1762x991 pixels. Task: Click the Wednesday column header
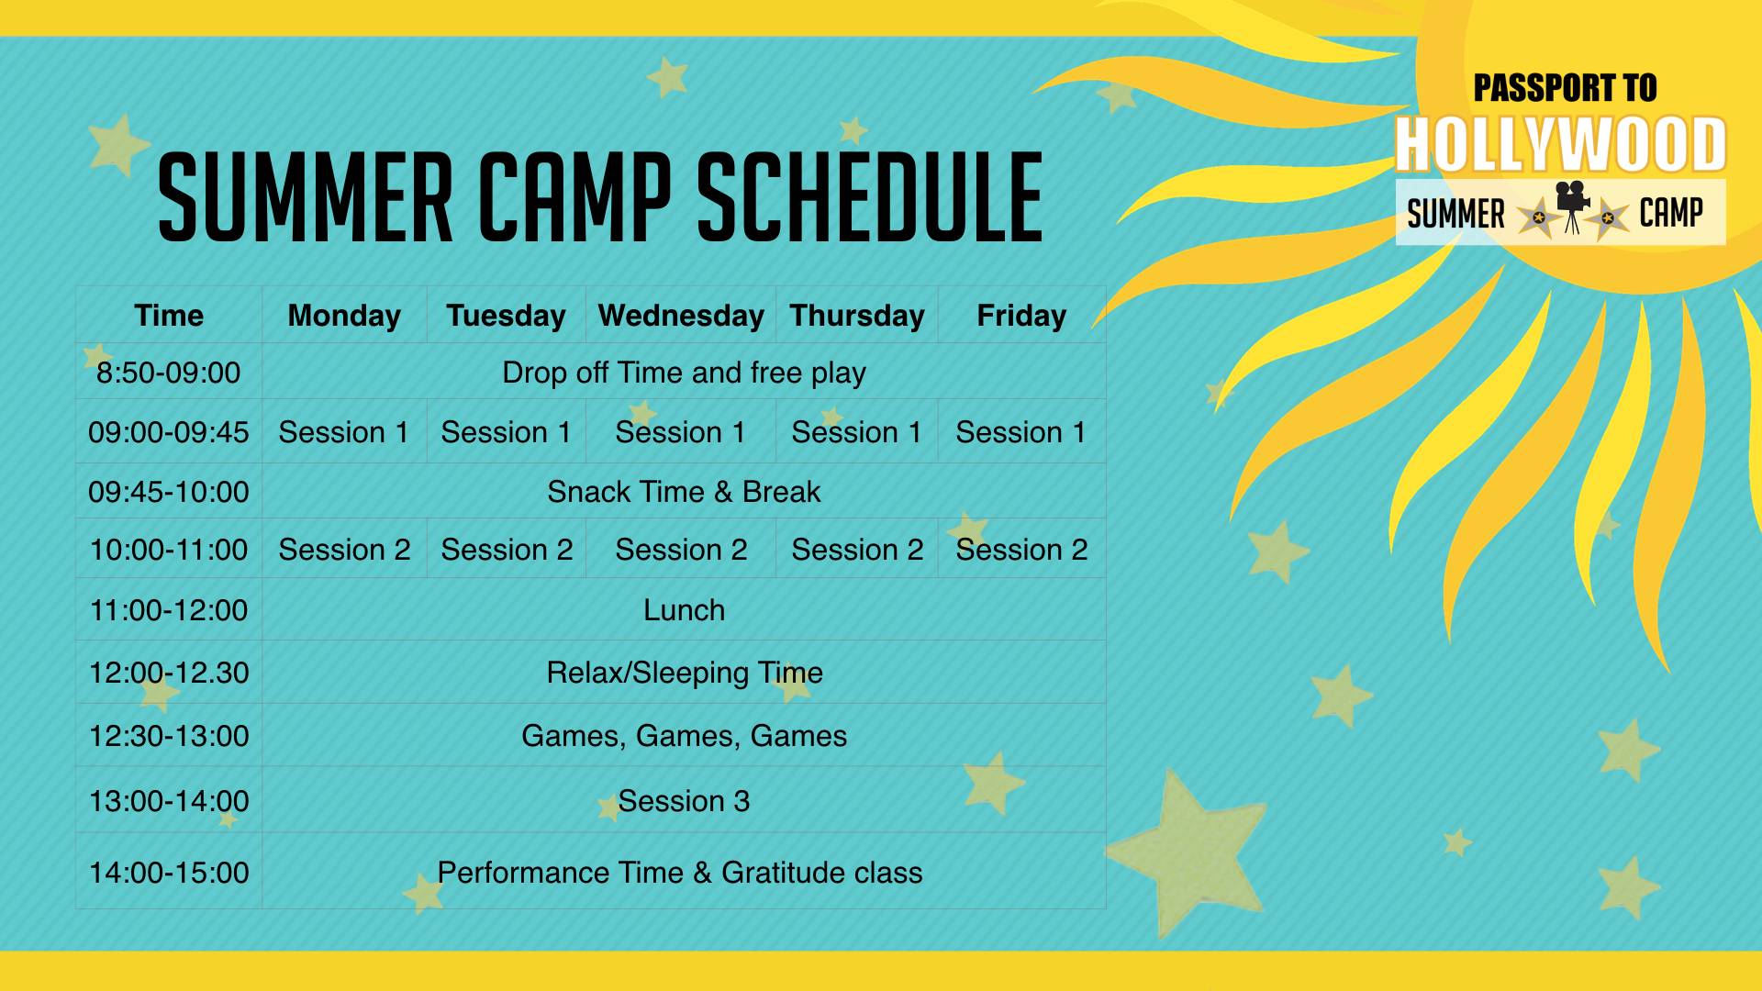point(681,316)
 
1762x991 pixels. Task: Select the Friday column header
point(1021,316)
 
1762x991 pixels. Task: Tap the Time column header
point(169,316)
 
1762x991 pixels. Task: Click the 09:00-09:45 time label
point(169,432)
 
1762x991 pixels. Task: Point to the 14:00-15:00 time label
point(169,873)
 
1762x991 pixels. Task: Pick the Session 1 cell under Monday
point(344,432)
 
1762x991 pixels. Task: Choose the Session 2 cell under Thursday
point(857,550)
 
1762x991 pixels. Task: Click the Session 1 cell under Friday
point(1021,432)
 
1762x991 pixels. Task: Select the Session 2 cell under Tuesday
point(507,550)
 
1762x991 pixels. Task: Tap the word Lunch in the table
point(684,610)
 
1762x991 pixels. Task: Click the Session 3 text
point(684,801)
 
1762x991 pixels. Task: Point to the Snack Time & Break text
point(684,492)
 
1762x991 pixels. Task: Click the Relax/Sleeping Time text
point(685,673)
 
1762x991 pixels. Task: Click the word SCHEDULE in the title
point(870,198)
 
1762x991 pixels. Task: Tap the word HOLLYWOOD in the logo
point(1560,145)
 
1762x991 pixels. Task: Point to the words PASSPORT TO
point(1565,88)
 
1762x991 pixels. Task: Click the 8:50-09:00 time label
point(169,373)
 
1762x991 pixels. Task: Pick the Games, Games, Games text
point(684,736)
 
